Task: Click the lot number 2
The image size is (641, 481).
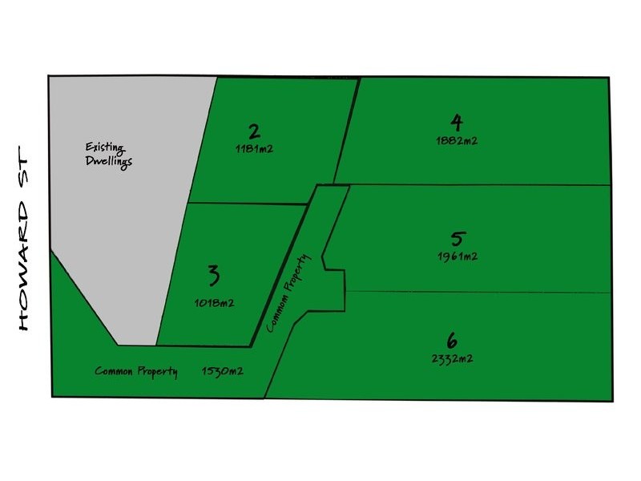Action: pos(254,132)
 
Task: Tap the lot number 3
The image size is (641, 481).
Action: pos(214,276)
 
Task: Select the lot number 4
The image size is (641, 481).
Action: pos(457,123)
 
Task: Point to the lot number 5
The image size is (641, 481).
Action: pos(458,239)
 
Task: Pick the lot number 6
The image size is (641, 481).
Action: pos(451,340)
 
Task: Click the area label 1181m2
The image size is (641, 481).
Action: pos(254,148)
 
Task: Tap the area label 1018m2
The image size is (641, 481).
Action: pos(215,303)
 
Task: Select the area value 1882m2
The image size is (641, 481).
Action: pos(457,141)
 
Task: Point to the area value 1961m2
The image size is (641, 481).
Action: pos(458,257)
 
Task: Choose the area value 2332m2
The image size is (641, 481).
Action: pos(453,358)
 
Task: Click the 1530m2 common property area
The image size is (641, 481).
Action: pos(223,371)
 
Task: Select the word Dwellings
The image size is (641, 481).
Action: pos(109,161)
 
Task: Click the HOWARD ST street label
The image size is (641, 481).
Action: pos(24,238)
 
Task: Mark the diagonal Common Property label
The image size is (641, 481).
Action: pos(288,293)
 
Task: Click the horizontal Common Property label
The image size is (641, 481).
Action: pos(136,371)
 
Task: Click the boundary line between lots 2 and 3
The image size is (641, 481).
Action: pos(248,204)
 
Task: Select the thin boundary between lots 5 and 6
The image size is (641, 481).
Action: pos(478,292)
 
